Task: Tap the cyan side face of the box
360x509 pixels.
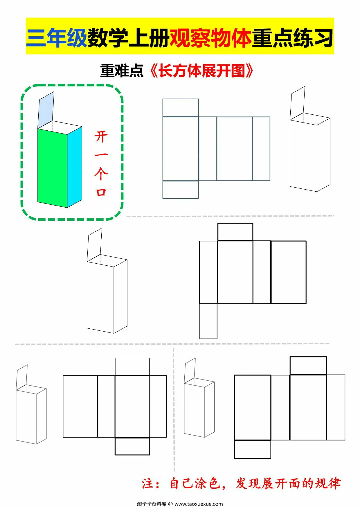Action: (75, 167)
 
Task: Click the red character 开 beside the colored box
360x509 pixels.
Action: (101, 136)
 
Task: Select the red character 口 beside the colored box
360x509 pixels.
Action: (101, 192)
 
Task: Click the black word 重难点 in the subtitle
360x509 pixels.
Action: (122, 71)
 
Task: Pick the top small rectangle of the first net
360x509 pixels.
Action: (180, 108)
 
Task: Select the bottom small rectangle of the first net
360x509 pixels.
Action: (180, 190)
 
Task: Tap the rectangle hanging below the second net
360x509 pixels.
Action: (208, 321)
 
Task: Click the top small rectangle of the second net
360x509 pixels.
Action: (235, 232)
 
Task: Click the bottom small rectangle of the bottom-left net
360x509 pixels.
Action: (132, 446)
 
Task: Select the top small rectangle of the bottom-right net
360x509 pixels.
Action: (308, 366)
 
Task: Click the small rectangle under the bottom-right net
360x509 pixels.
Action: (252, 449)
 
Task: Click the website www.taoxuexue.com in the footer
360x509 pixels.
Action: (199, 504)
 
